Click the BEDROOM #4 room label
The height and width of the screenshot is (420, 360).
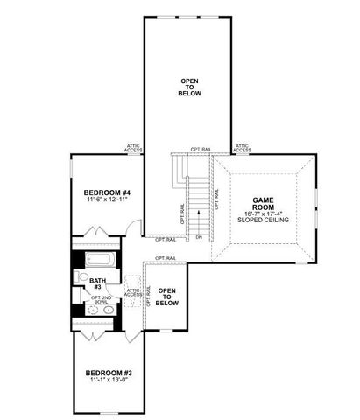tap(107, 192)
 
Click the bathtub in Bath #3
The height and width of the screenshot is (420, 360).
tap(98, 260)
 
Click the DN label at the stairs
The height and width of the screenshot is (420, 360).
tap(200, 237)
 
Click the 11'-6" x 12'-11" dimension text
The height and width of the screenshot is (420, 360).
tap(107, 202)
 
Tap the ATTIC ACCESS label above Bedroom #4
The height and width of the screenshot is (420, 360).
tap(133, 150)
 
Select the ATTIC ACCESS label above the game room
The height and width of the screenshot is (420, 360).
tap(242, 149)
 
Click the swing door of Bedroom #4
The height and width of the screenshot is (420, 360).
tap(130, 227)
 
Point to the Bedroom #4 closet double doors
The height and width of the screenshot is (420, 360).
tap(94, 230)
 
